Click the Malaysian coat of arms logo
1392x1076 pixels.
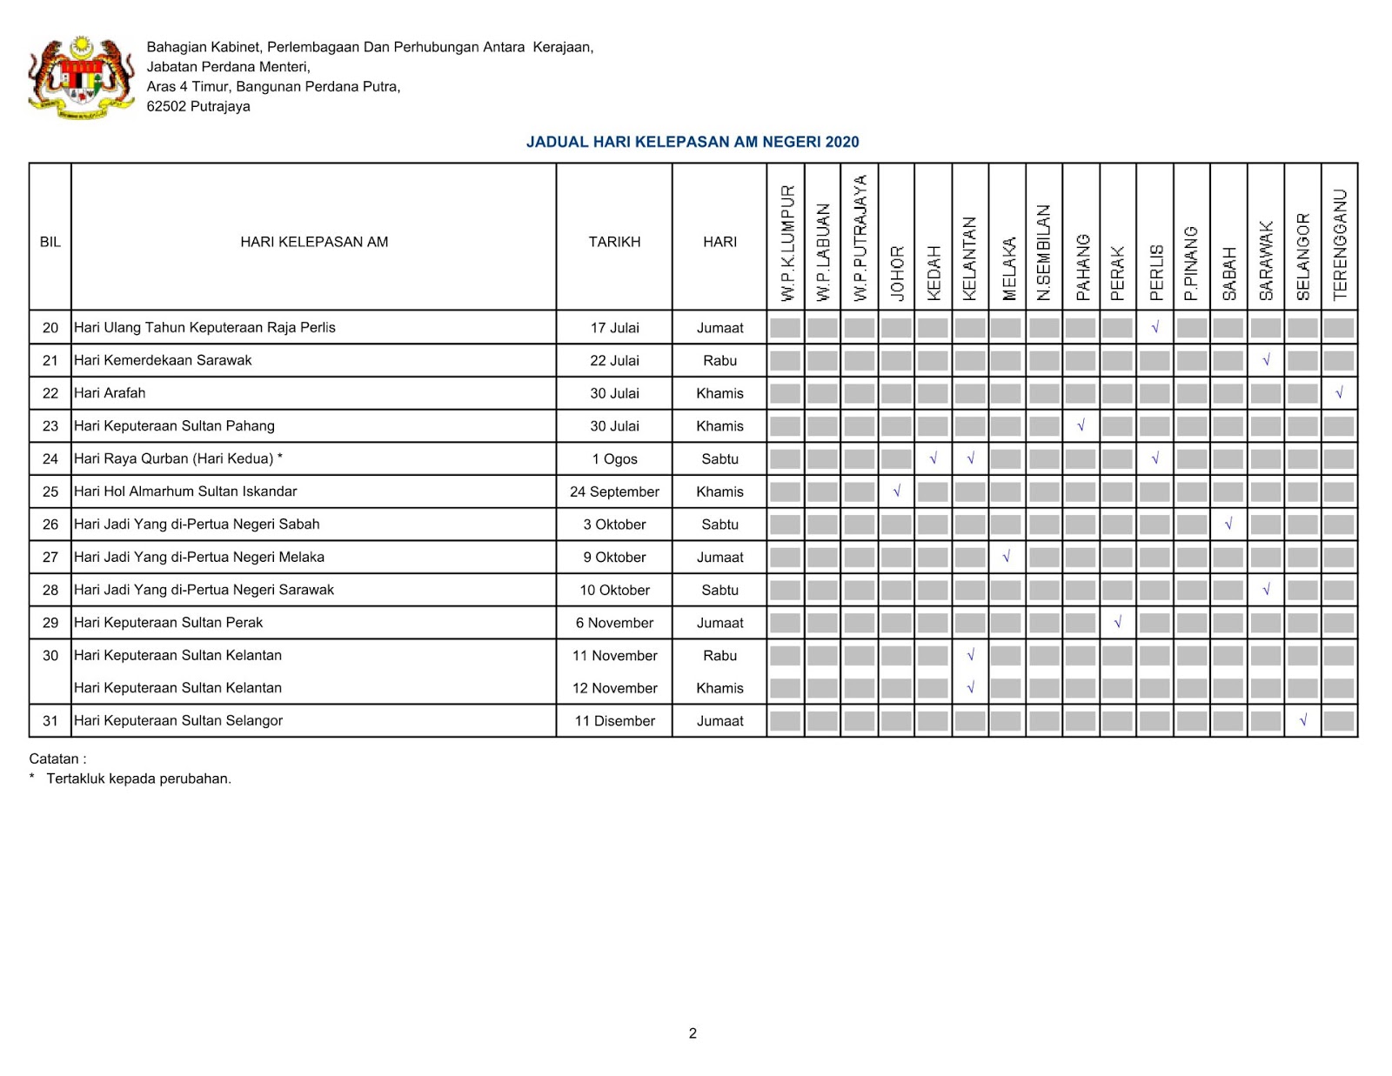(x=82, y=77)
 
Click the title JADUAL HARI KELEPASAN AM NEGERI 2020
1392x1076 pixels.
(x=693, y=142)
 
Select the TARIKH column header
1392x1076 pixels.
(x=614, y=242)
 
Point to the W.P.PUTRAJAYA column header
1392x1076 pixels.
(x=860, y=238)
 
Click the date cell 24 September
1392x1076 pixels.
(x=614, y=491)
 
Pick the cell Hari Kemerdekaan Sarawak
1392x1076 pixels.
(x=163, y=360)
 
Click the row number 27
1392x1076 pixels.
(x=50, y=557)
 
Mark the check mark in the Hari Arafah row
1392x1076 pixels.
(x=1339, y=393)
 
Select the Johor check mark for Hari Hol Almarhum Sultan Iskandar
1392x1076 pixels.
(x=896, y=491)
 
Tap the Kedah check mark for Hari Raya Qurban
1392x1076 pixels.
(x=933, y=458)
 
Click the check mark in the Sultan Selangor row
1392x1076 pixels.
(x=1302, y=720)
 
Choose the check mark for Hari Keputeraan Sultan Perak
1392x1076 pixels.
(x=1118, y=622)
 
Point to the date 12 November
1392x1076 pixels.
(x=614, y=688)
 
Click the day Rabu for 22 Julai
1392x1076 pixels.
(x=719, y=360)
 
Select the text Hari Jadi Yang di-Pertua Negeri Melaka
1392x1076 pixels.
(x=199, y=557)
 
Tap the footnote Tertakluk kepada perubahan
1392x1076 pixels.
(x=138, y=779)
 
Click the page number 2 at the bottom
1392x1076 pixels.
(x=693, y=1033)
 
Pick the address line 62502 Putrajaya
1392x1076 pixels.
(x=198, y=106)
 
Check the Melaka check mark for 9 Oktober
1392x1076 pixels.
(x=1007, y=557)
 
